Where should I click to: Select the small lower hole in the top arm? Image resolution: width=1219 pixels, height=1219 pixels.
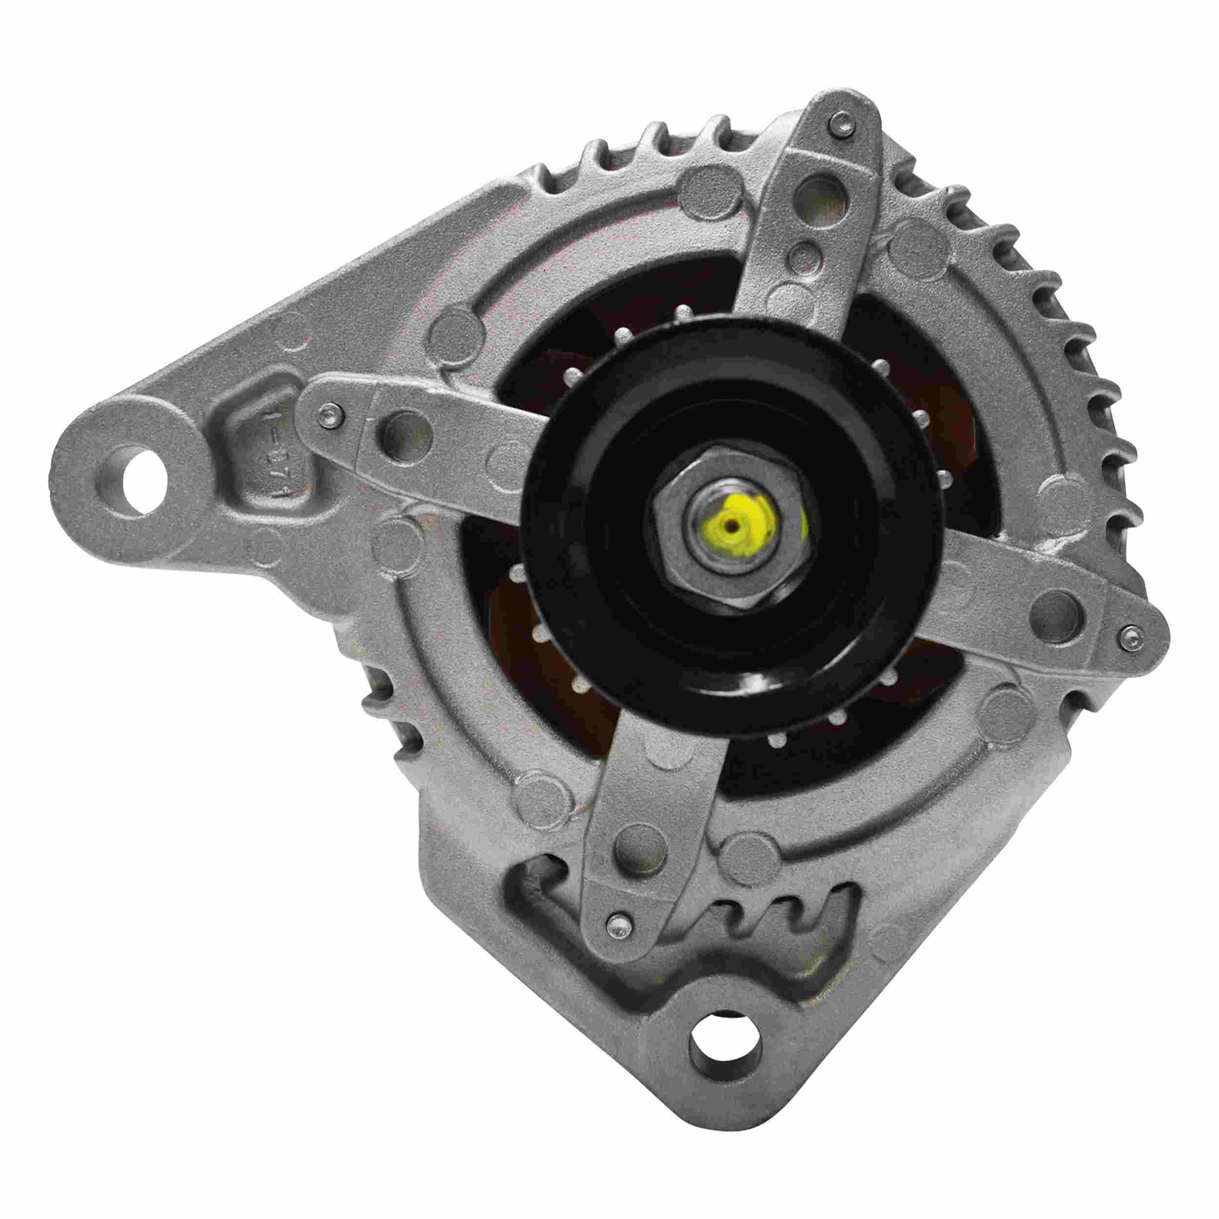803,256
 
